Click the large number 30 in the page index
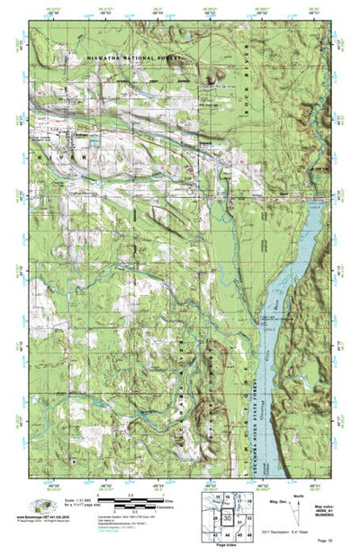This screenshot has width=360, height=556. [x=229, y=520]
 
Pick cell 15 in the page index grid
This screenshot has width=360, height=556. [x=216, y=498]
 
